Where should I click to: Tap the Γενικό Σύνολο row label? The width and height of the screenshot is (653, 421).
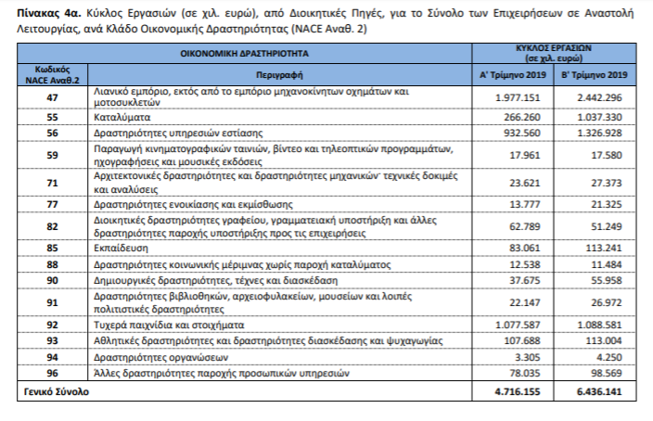click(55, 393)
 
